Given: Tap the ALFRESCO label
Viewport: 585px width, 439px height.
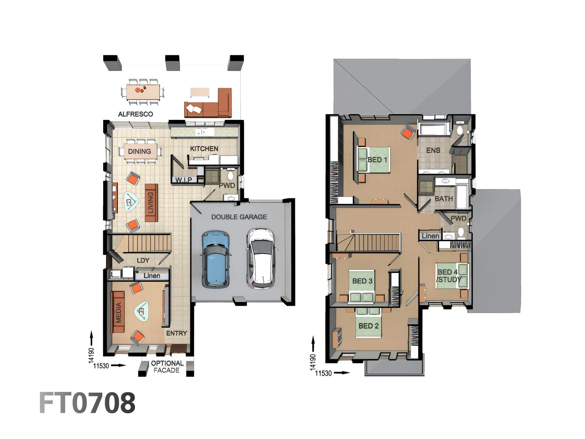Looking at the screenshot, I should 135,114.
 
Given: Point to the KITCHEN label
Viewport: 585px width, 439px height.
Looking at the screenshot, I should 204,149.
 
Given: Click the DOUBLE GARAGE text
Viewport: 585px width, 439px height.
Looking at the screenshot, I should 239,217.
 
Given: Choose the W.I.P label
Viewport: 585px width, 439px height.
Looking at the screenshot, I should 184,180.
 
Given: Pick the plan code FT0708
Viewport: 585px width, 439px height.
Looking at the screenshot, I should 87,403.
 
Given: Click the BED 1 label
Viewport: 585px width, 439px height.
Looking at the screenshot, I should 377,160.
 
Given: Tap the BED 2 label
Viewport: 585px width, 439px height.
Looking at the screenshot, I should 368,326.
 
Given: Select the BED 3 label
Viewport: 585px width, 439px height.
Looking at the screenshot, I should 362,281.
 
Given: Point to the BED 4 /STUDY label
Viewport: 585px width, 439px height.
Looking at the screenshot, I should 448,276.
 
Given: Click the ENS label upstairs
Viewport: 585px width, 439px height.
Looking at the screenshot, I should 433,150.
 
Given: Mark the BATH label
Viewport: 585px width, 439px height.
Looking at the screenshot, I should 443,199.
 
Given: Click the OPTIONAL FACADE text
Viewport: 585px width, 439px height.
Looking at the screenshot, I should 167,367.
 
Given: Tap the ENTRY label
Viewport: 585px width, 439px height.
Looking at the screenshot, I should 176,333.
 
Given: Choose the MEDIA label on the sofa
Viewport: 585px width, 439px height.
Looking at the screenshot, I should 119,312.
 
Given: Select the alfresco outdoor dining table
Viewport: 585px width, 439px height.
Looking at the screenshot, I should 142,91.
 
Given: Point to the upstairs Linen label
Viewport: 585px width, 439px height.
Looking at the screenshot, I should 430,236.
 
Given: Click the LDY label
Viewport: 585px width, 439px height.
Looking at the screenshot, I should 143,261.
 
